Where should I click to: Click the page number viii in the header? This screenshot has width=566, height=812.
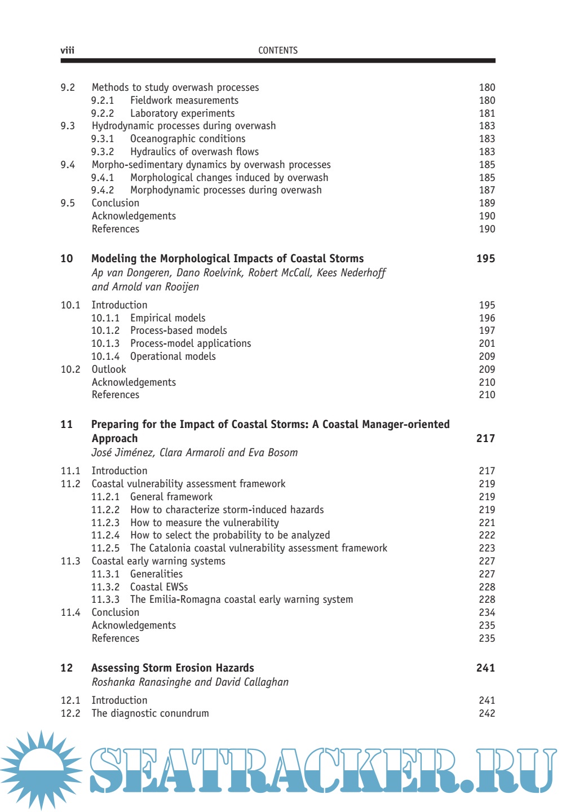pyautogui.click(x=67, y=51)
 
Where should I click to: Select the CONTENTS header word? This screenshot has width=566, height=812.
pyautogui.click(x=278, y=51)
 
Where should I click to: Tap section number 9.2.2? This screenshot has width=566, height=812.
pyautogui.click(x=103, y=113)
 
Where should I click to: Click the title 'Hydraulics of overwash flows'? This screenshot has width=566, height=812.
pyautogui.click(x=194, y=152)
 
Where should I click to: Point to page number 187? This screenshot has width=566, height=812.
pyautogui.click(x=487, y=190)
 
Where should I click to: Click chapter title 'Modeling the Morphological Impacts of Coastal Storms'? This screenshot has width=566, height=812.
pyautogui.click(x=227, y=259)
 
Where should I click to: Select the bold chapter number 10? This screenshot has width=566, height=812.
pyautogui.click(x=67, y=259)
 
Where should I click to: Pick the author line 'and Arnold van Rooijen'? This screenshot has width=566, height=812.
pyautogui.click(x=145, y=287)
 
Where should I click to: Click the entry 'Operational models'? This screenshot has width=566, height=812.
pyautogui.click(x=173, y=356)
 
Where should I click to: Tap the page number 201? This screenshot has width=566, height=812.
pyautogui.click(x=487, y=343)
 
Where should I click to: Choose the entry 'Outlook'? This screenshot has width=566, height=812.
pyautogui.click(x=109, y=369)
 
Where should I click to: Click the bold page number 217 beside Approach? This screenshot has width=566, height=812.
pyautogui.click(x=485, y=439)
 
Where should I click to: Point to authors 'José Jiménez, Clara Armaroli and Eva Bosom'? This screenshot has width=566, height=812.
pyautogui.click(x=194, y=453)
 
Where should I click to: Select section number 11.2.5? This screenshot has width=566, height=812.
pyautogui.click(x=105, y=548)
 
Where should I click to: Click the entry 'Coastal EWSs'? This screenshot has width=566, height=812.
pyautogui.click(x=159, y=587)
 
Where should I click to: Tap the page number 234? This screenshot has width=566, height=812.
pyautogui.click(x=487, y=612)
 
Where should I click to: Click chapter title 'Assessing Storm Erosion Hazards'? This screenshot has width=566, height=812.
pyautogui.click(x=173, y=668)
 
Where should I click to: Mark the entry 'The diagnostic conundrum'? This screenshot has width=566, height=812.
pyautogui.click(x=150, y=713)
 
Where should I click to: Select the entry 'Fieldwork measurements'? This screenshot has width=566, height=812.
pyautogui.click(x=184, y=100)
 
